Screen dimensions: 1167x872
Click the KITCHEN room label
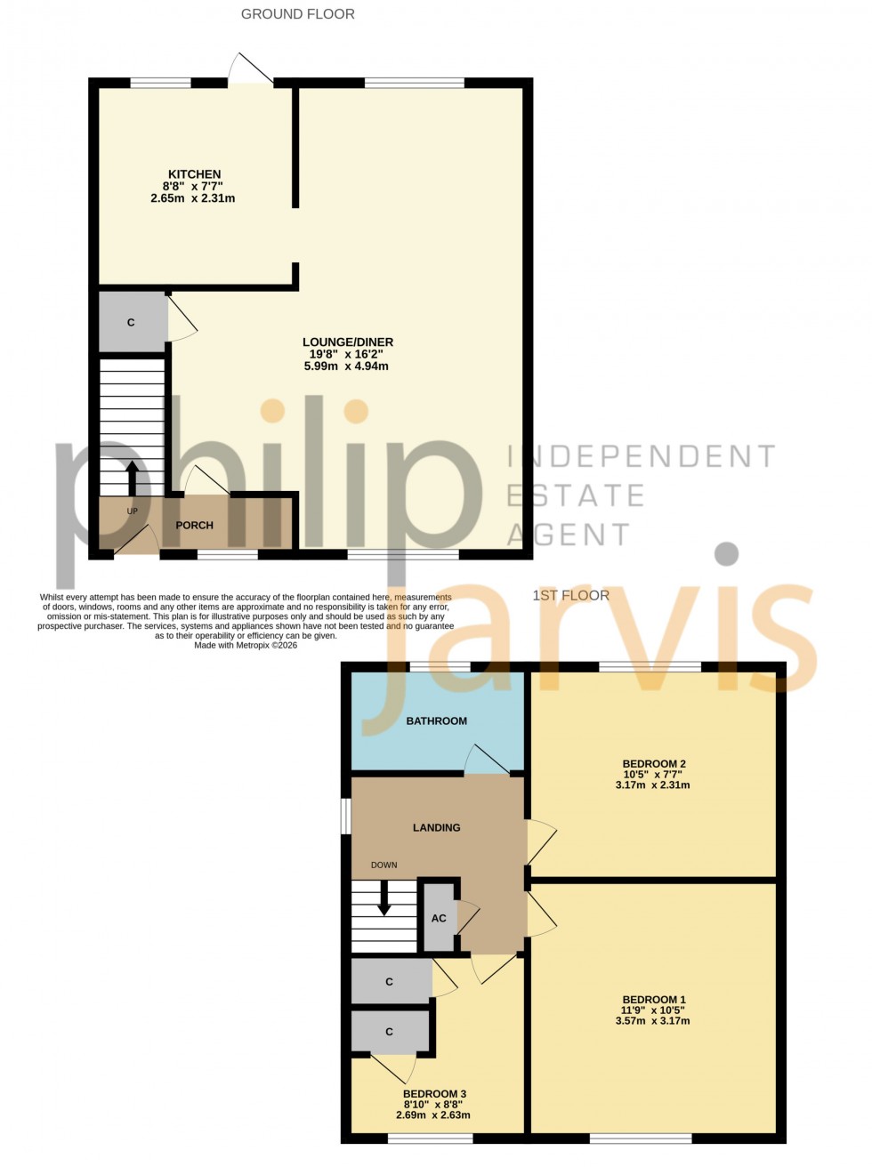pyautogui.click(x=194, y=174)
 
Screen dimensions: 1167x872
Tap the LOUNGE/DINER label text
pyautogui.click(x=347, y=342)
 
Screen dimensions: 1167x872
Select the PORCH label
pyautogui.click(x=194, y=526)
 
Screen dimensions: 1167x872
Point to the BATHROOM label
pyautogui.click(x=436, y=721)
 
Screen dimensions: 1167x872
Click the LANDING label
pyautogui.click(x=436, y=828)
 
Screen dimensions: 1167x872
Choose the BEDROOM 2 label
pyautogui.click(x=653, y=764)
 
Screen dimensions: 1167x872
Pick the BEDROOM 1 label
pyautogui.click(x=653, y=1000)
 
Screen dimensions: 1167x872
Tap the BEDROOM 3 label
pyautogui.click(x=434, y=1094)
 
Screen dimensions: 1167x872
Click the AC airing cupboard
pyautogui.click(x=439, y=918)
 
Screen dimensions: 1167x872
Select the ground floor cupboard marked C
pyautogui.click(x=132, y=322)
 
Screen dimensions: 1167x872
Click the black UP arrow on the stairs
pyautogui.click(x=133, y=478)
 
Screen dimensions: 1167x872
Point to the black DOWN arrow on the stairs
pyautogui.click(x=384, y=897)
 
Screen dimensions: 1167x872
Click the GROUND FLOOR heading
pyautogui.click(x=297, y=14)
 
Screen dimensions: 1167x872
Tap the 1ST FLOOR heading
pyautogui.click(x=570, y=596)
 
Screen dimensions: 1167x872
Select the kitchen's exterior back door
pyautogui.click(x=250, y=70)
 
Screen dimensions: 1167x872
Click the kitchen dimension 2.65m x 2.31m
pyautogui.click(x=193, y=198)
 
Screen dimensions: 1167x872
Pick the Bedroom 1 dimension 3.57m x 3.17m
pyautogui.click(x=652, y=1021)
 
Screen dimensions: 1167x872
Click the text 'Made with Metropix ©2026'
pyautogui.click(x=246, y=646)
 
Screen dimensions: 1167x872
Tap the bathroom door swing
pyautogui.click(x=486, y=761)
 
